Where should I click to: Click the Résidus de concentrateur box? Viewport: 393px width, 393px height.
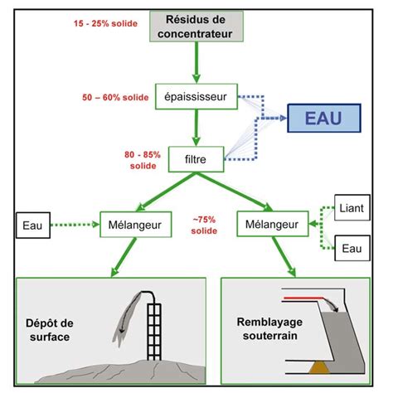(x=196, y=27)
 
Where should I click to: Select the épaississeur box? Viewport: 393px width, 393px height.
(x=196, y=96)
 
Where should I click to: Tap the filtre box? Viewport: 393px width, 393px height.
(x=196, y=159)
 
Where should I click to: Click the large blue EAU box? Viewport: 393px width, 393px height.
(x=324, y=118)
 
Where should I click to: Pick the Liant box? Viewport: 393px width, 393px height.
(x=352, y=207)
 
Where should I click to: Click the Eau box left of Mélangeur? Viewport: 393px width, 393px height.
(x=33, y=225)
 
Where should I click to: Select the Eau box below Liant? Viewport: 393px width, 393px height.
(x=352, y=248)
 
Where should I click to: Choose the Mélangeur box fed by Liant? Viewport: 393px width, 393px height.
(x=273, y=224)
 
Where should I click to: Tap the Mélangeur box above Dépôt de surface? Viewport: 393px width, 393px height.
(x=135, y=225)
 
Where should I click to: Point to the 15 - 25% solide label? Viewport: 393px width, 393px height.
(x=105, y=23)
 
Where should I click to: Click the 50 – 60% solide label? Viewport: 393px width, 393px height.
(x=115, y=97)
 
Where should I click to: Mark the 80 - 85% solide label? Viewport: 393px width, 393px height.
(x=143, y=160)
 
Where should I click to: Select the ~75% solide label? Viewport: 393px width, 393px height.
(x=204, y=225)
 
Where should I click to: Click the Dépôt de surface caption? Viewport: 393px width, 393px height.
(x=50, y=330)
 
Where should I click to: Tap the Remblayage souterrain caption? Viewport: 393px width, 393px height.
(x=269, y=328)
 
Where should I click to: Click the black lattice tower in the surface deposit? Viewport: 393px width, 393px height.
(x=154, y=332)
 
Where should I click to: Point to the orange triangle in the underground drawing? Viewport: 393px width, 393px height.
(x=319, y=367)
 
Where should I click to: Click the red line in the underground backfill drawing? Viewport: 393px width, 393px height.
(x=303, y=298)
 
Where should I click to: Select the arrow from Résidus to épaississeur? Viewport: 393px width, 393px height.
(x=196, y=62)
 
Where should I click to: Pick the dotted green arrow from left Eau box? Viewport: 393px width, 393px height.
(x=75, y=225)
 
